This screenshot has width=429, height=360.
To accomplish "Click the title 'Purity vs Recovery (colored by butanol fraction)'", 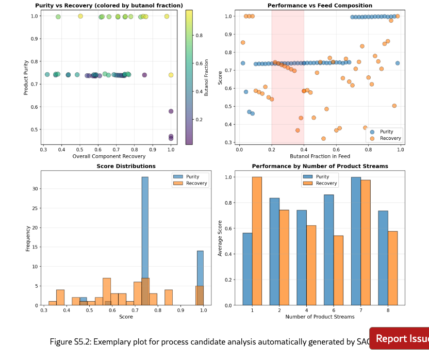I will [109, 5].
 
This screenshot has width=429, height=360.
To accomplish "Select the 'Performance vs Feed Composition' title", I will [320, 5].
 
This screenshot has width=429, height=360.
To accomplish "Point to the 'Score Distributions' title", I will [126, 166].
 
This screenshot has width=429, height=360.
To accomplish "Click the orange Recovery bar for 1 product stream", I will [257, 241].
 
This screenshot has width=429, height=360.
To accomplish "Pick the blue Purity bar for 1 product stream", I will [248, 269].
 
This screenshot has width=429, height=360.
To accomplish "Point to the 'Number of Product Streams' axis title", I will [320, 317].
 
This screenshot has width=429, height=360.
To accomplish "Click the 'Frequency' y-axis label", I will [28, 238].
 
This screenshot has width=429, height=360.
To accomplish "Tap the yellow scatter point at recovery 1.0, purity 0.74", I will [171, 75].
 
